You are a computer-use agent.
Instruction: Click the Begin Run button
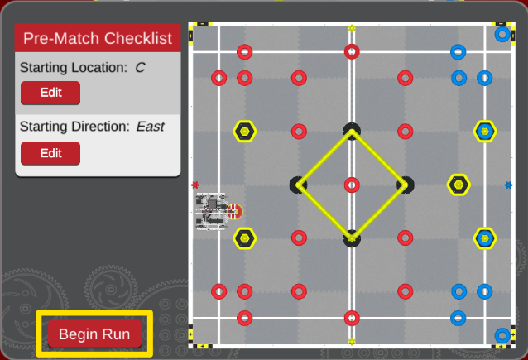click(94, 334)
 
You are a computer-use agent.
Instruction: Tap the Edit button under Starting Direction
click(50, 153)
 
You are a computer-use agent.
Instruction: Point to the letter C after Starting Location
click(140, 67)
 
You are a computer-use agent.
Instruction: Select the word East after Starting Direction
click(151, 127)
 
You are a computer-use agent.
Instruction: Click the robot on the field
click(213, 211)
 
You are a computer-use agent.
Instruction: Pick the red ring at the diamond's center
click(352, 185)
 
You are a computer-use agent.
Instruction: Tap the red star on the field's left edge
click(195, 185)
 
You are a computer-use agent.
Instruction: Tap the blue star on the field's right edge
click(508, 185)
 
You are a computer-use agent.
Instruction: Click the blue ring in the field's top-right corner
click(502, 34)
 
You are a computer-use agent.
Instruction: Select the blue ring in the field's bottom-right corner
click(502, 335)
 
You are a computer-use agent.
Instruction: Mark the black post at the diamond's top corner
click(352, 130)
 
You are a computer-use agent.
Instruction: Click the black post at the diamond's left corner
click(298, 185)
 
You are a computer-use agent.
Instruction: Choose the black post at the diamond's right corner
click(406, 185)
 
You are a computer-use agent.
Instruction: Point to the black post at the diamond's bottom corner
click(352, 238)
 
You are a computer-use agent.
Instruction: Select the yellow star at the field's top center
click(352, 27)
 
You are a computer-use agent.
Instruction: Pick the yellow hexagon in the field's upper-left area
click(244, 131)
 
